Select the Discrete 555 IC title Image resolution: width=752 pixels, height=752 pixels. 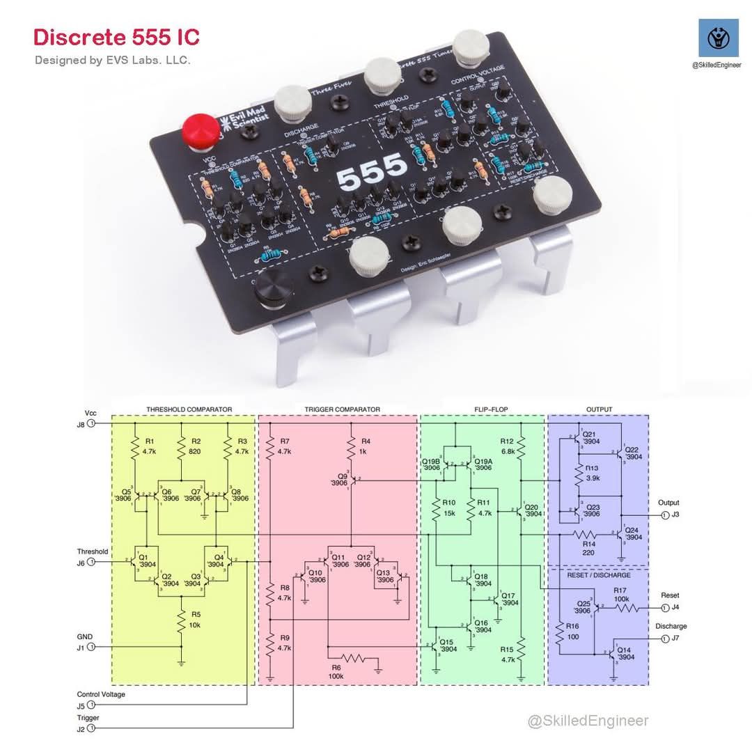point(117,37)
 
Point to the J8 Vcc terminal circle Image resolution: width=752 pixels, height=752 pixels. point(91,423)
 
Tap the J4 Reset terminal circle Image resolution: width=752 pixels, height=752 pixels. point(665,608)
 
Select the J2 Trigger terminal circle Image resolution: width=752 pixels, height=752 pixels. point(91,728)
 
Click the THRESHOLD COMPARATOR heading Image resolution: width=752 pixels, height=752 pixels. point(189,409)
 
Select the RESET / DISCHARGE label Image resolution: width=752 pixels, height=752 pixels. point(598,575)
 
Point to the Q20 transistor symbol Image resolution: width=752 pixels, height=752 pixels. point(521,513)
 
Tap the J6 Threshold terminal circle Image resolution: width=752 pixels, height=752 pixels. point(91,563)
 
